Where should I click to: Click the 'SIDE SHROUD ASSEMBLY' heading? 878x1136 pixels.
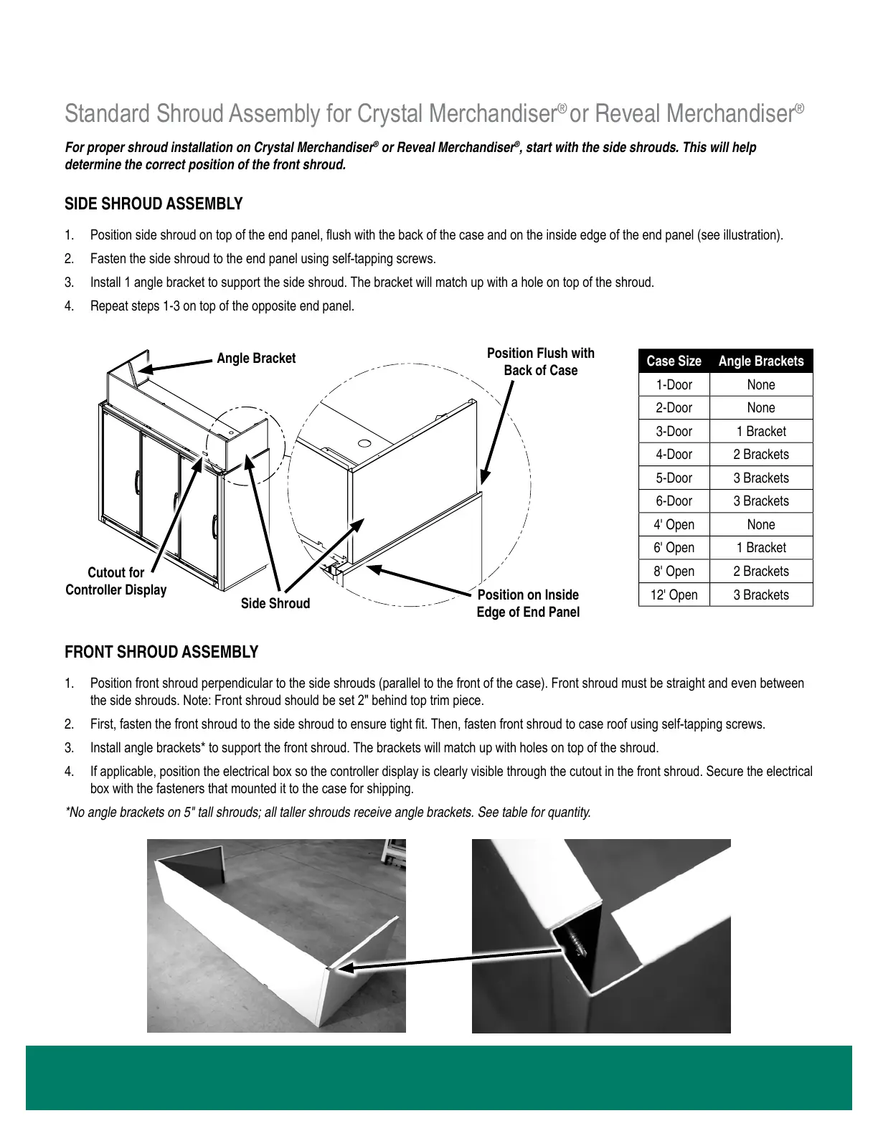pos(154,204)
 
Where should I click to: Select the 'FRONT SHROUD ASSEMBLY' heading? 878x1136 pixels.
pos(161,653)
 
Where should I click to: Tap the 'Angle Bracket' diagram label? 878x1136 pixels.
pos(256,359)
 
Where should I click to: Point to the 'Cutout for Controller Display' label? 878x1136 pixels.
pos(116,582)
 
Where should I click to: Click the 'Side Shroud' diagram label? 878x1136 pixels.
pos(275,604)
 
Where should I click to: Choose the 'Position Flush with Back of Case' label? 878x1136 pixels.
pos(541,362)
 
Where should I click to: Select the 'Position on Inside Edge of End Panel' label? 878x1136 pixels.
pos(528,604)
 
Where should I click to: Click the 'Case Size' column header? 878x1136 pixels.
pos(674,361)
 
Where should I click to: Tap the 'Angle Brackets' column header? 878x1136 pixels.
pos(761,361)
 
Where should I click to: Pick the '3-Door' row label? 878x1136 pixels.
pos(674,432)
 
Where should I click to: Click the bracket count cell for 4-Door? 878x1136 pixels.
pos(761,455)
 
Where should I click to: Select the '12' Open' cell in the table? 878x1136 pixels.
pos(674,595)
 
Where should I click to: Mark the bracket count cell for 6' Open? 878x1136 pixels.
pos(761,548)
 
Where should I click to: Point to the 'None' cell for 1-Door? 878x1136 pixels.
pos(761,385)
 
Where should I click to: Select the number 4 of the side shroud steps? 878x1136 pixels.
pos(69,307)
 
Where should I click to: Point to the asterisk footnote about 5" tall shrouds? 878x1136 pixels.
pos(328,813)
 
